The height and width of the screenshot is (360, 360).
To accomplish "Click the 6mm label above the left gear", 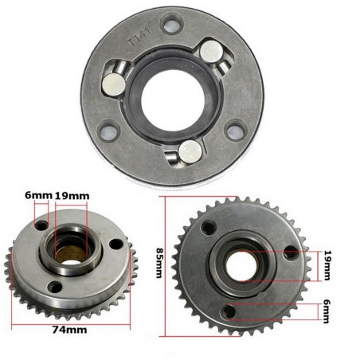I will click(x=39, y=194).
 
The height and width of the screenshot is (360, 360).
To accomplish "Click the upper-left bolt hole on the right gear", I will click(x=208, y=229).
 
